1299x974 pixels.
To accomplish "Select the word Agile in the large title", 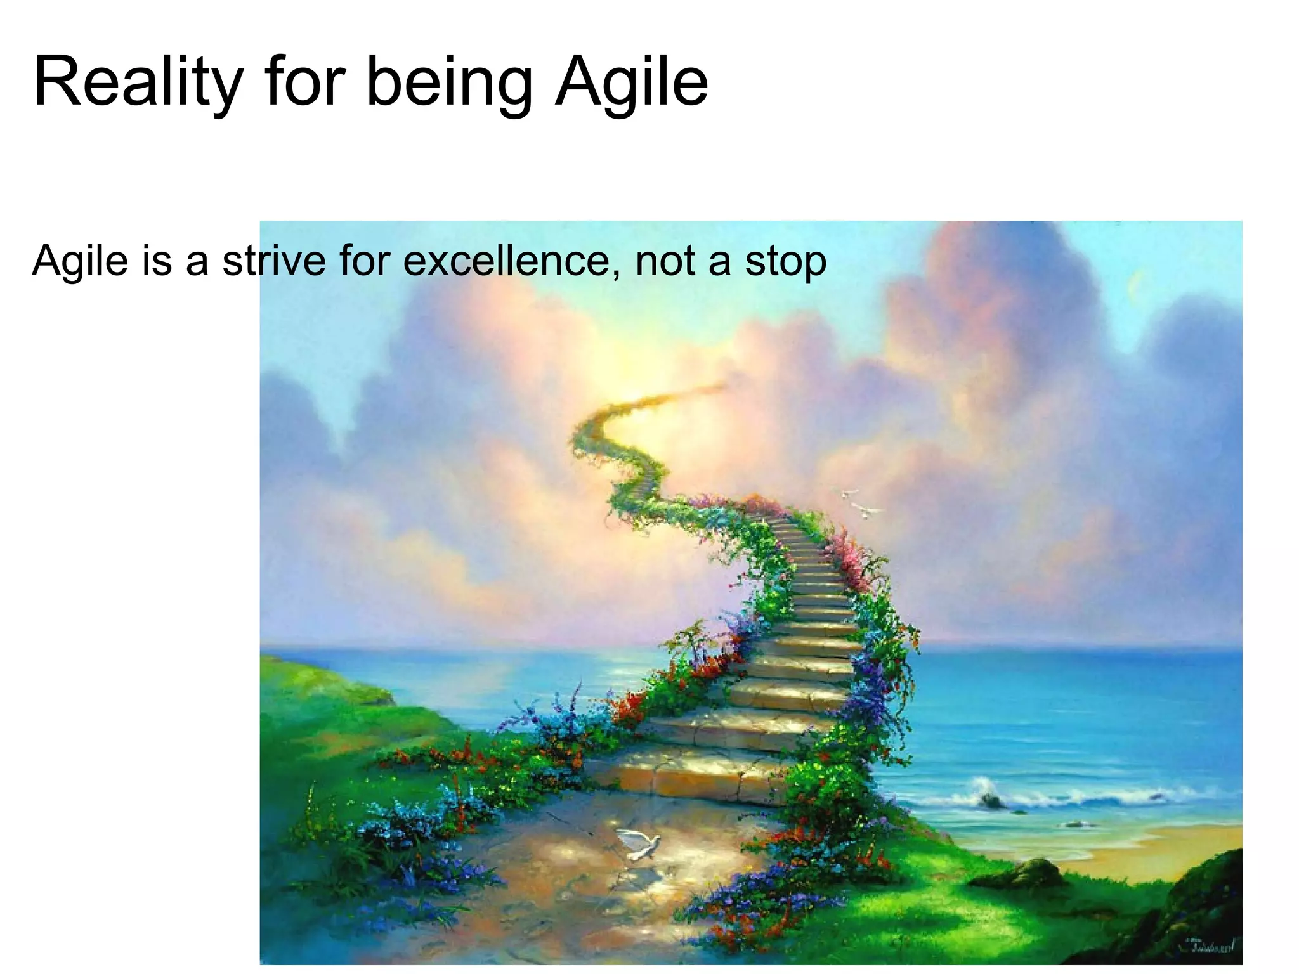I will (631, 82).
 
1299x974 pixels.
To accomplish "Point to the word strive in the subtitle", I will (274, 261).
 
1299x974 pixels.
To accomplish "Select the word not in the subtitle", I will (665, 261).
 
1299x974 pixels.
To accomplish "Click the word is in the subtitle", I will (157, 261).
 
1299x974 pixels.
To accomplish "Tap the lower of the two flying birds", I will (865, 510).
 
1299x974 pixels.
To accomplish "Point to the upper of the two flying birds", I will (849, 493).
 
